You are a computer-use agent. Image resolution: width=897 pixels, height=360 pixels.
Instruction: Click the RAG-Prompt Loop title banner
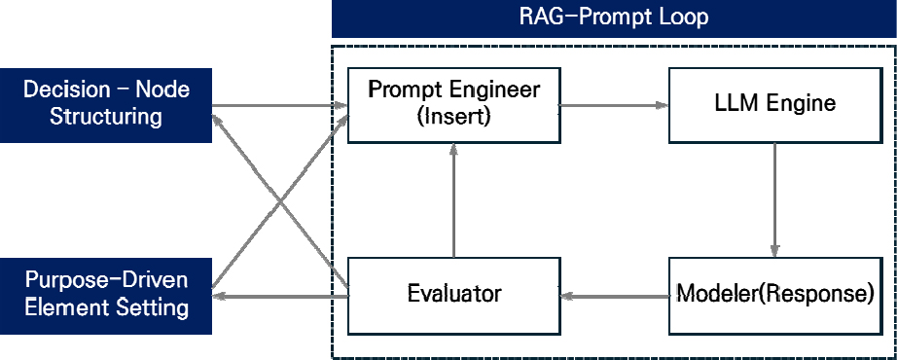pos(614,18)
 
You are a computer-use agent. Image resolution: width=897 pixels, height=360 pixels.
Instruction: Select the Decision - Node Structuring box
pos(106,105)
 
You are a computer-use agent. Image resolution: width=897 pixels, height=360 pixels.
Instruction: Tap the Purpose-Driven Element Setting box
pos(106,296)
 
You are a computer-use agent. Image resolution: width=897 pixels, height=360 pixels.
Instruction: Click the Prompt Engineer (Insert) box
pos(453,105)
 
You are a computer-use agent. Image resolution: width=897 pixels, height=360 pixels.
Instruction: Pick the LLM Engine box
pos(775,105)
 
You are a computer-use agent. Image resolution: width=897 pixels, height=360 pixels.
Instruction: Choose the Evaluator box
pos(453,296)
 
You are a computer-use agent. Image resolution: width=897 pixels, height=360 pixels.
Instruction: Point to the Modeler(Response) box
pos(775,296)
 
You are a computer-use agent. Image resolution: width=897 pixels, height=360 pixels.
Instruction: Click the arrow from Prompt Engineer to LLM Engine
pos(615,105)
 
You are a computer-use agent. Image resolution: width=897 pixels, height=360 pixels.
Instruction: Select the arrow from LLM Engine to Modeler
pos(775,199)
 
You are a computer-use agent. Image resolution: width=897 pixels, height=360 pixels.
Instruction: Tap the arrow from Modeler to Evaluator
pos(615,296)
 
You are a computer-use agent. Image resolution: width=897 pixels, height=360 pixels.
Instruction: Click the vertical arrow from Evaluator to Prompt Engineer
pos(453,199)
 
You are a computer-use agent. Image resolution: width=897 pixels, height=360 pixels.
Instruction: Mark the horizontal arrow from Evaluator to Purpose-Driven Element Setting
pos(280,296)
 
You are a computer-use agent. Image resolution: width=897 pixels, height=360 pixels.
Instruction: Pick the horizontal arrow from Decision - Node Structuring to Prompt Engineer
pos(280,105)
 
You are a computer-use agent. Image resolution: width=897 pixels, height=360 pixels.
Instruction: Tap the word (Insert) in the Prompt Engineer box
pos(453,118)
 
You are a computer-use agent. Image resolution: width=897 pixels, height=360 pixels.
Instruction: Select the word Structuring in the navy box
pos(106,118)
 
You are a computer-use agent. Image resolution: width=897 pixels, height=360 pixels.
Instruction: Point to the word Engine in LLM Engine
pos(803,104)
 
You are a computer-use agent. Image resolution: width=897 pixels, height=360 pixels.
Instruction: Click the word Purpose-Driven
pos(106,282)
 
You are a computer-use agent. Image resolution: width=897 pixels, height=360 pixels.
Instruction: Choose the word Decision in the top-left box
pos(66,90)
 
